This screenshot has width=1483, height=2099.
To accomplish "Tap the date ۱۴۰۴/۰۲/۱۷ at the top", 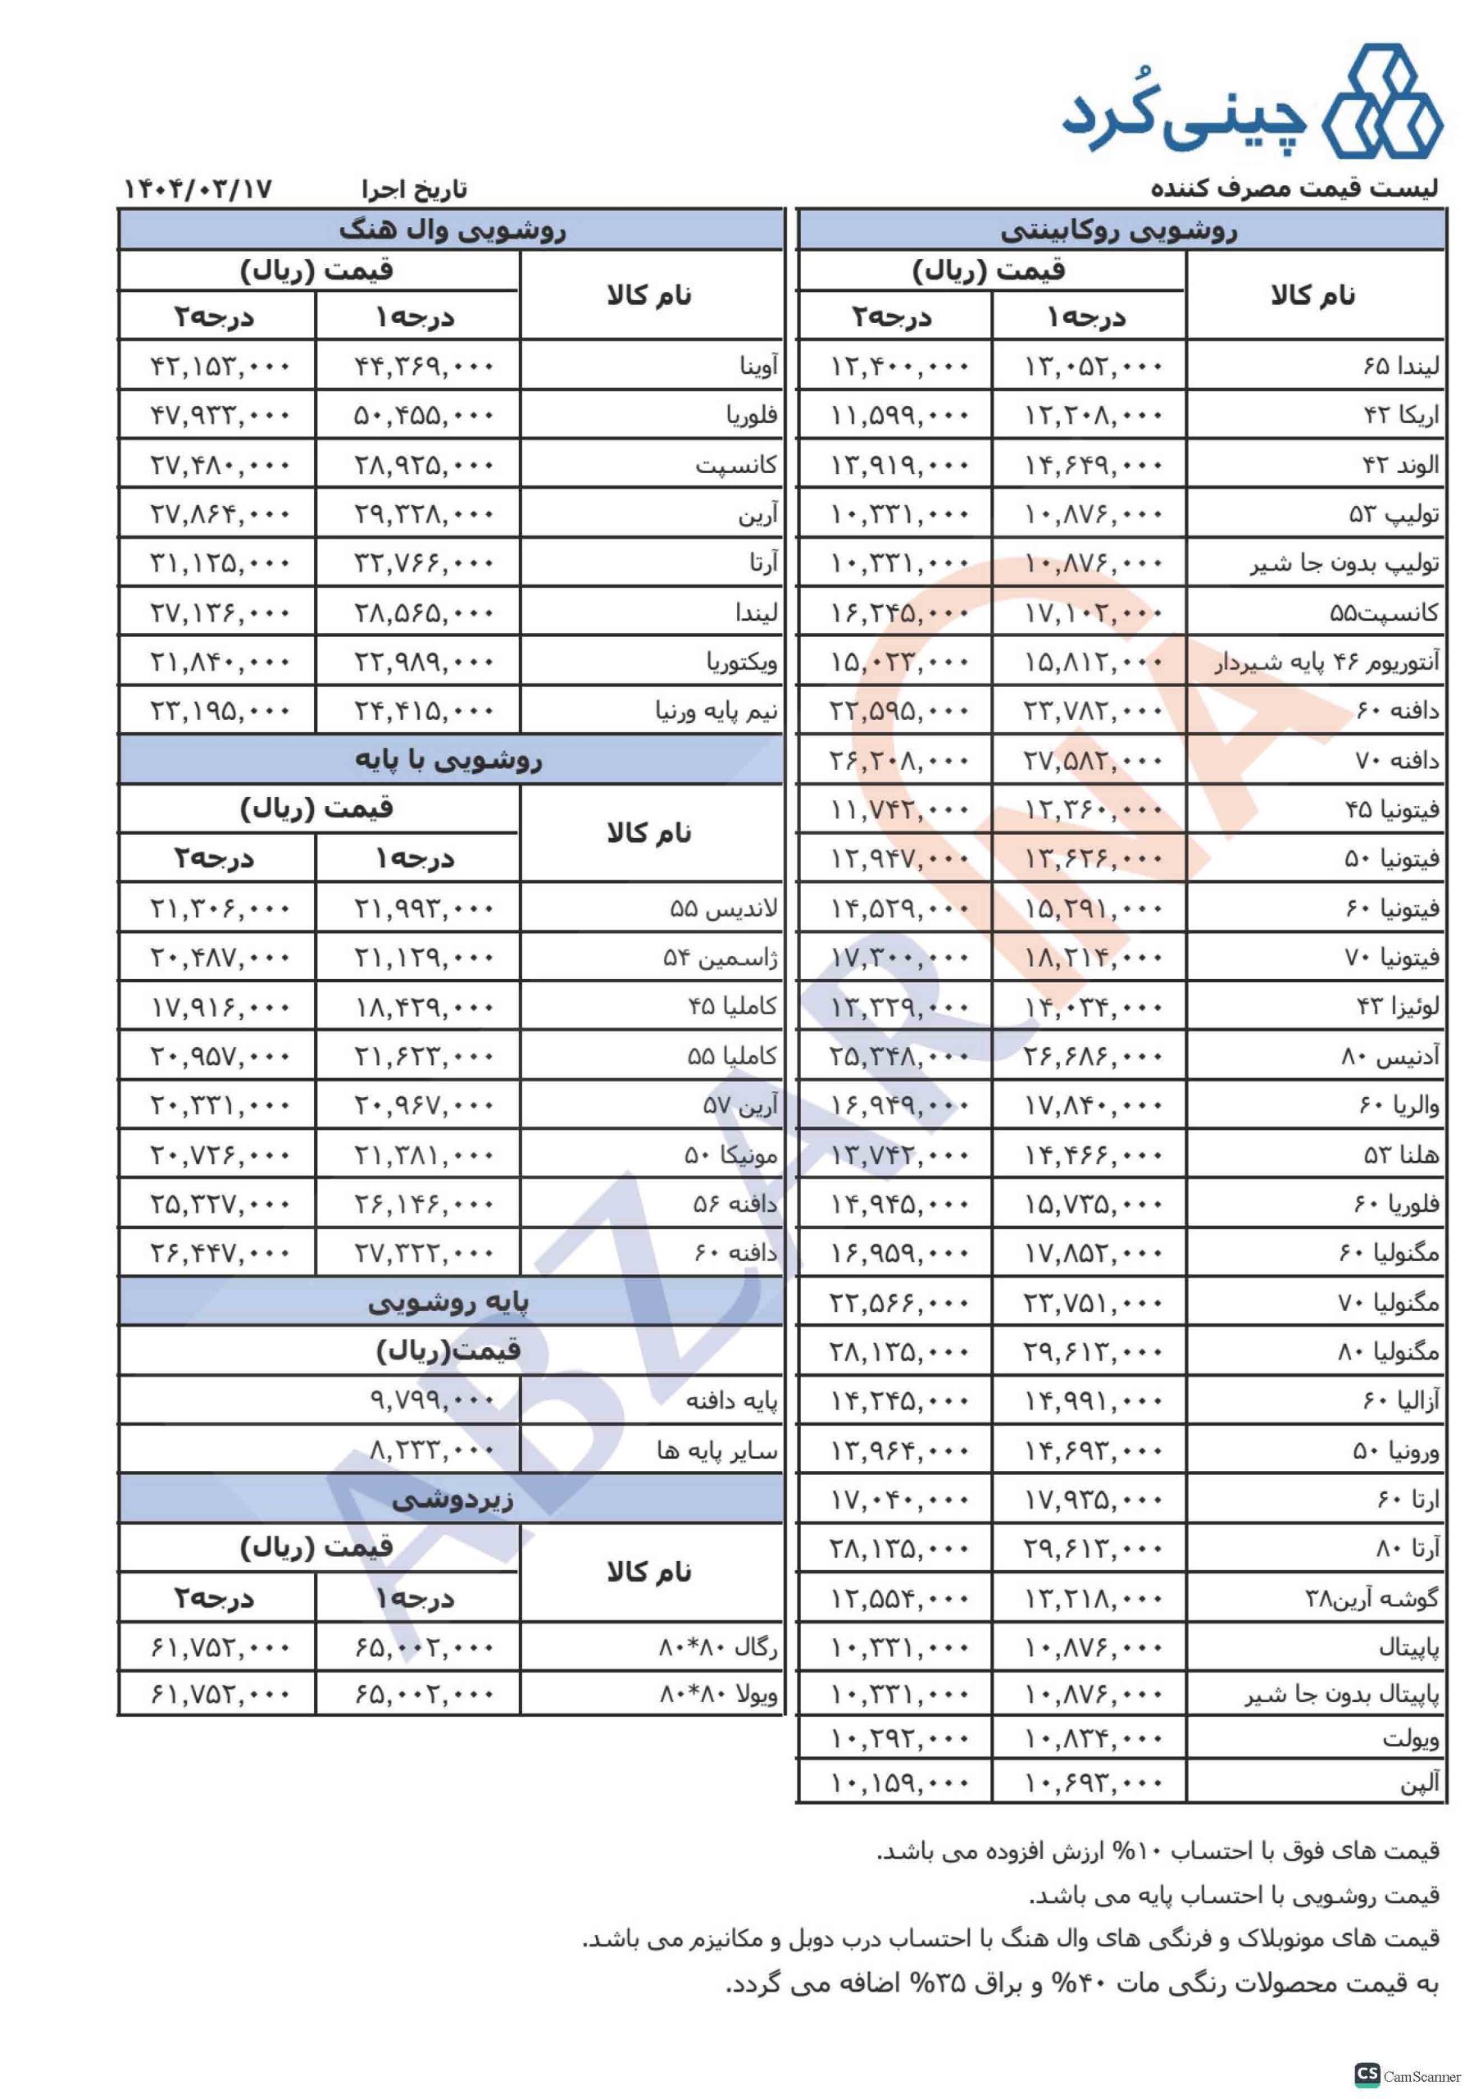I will [198, 189].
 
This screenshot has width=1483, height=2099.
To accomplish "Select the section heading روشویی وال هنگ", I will [452, 230].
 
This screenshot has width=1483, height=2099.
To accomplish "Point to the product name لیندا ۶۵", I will [1401, 366].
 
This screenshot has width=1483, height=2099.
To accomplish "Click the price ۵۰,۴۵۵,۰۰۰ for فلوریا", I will [423, 416].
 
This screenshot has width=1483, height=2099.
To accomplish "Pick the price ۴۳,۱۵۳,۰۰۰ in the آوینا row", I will [220, 367].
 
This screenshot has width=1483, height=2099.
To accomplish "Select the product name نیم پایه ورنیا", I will [716, 710].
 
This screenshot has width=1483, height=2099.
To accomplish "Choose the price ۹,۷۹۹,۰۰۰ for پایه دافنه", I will [431, 1400].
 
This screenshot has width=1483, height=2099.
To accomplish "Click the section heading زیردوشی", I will [452, 1500].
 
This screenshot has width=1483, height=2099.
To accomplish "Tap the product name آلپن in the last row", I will [1420, 1782].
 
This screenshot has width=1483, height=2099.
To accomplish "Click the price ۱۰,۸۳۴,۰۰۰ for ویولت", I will [1093, 1738].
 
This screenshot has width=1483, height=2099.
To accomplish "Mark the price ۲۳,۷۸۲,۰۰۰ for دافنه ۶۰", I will [1093, 710].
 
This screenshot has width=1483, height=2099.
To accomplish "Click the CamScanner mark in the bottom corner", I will [1408, 2074].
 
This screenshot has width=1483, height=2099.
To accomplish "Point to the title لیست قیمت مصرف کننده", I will [1294, 189].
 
